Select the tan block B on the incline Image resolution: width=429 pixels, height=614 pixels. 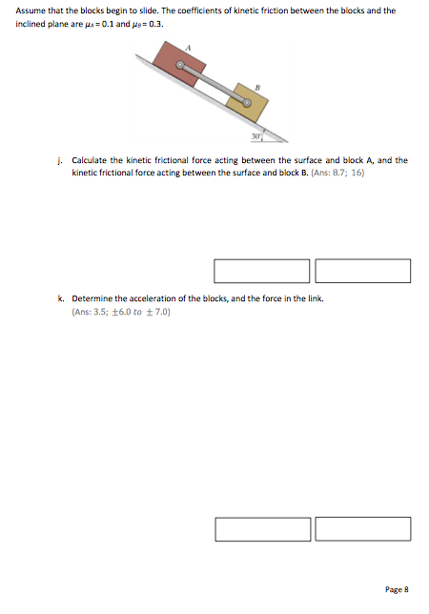pos(248,100)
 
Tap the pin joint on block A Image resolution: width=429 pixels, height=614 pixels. pos(179,67)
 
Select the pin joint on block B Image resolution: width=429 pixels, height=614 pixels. pos(248,100)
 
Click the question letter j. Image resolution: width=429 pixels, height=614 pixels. pos(60,160)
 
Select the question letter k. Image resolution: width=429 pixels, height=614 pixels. pos(60,298)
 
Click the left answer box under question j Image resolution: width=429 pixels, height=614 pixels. pos(262,270)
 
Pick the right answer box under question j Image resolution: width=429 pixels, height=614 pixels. pos(362,270)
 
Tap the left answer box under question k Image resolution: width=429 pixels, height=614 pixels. pos(262,528)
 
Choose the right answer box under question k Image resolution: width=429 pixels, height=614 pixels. pos(362,528)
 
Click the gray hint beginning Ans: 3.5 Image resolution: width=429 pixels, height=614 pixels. pos(121,312)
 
